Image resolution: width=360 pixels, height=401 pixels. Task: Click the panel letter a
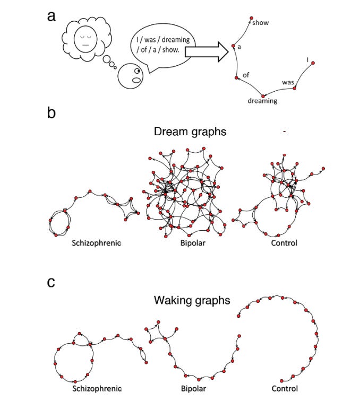point(52,16)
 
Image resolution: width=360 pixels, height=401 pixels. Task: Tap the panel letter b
point(52,112)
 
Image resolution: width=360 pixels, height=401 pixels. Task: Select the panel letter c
point(51,283)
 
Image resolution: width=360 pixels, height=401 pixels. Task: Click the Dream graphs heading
point(190,132)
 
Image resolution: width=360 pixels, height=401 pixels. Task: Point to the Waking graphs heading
point(192,300)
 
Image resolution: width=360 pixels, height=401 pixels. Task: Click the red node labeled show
point(252,18)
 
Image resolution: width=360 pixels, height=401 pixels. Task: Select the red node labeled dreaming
point(263,96)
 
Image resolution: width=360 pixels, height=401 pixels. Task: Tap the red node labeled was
point(295,88)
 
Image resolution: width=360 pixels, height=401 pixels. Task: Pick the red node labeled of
point(237,77)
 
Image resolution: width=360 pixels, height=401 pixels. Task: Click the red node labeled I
point(313,63)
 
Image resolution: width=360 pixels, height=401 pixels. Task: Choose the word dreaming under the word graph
point(262,101)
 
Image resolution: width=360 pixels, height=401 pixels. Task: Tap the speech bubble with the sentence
point(163,51)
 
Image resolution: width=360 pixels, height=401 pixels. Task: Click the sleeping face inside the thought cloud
point(85,39)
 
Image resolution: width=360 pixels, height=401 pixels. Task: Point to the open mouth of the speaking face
point(136,80)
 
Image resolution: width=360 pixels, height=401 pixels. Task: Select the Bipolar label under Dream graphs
point(193,243)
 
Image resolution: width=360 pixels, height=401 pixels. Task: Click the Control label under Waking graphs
point(285,388)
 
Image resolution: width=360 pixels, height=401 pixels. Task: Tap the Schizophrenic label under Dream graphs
point(96,243)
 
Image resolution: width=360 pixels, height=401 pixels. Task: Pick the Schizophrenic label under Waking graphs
point(97,389)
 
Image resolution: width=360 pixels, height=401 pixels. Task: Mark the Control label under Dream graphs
point(284,243)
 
